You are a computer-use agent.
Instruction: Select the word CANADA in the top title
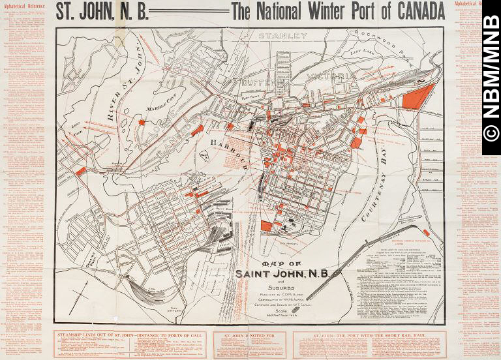[409, 11]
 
